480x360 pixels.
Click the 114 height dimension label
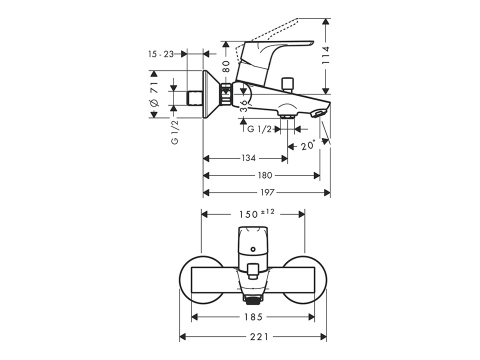click(x=325, y=55)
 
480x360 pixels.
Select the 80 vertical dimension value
click(x=226, y=66)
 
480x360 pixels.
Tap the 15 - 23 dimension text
click(x=161, y=54)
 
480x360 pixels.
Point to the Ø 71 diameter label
click(x=154, y=94)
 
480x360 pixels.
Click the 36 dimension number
click(x=244, y=105)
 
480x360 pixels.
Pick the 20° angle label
click(x=308, y=146)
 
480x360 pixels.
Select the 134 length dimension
click(x=248, y=158)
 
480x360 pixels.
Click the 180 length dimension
click(x=265, y=175)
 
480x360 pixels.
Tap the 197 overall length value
click(x=267, y=192)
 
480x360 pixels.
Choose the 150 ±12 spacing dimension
click(x=256, y=214)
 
